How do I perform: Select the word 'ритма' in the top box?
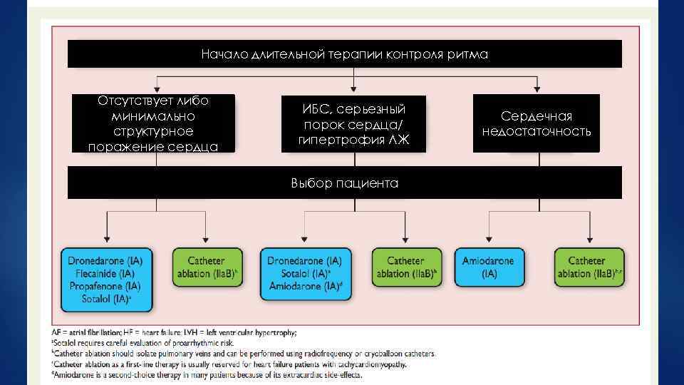pyautogui.click(x=469, y=54)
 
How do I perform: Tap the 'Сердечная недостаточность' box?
pyautogui.click(x=536, y=123)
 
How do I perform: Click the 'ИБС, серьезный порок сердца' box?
pyautogui.click(x=353, y=124)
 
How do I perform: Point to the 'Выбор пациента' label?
pyautogui.click(x=344, y=183)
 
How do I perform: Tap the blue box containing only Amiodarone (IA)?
pyautogui.click(x=489, y=267)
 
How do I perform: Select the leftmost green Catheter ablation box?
pyautogui.click(x=207, y=267)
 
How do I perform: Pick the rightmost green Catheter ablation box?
pyautogui.click(x=589, y=267)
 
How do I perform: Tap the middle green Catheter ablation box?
pyautogui.click(x=406, y=267)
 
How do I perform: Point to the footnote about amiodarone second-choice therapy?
pyautogui.click(x=208, y=374)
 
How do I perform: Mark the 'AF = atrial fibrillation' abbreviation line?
pyautogui.click(x=175, y=332)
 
